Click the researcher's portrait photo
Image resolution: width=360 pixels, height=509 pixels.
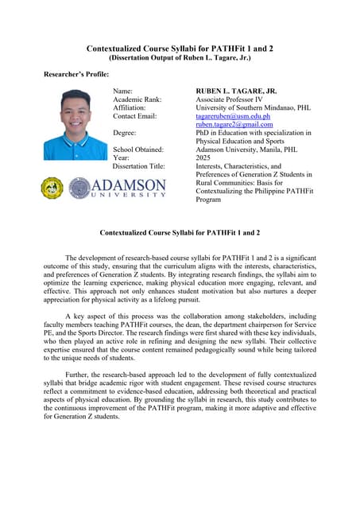[x=74, y=125]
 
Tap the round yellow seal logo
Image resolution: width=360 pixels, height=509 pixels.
[x=52, y=188]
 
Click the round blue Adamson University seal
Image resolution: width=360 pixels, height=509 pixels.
[x=80, y=188]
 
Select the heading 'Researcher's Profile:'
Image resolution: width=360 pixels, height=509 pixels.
[x=76, y=75]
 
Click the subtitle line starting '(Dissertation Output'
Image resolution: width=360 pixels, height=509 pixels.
[x=180, y=58]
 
